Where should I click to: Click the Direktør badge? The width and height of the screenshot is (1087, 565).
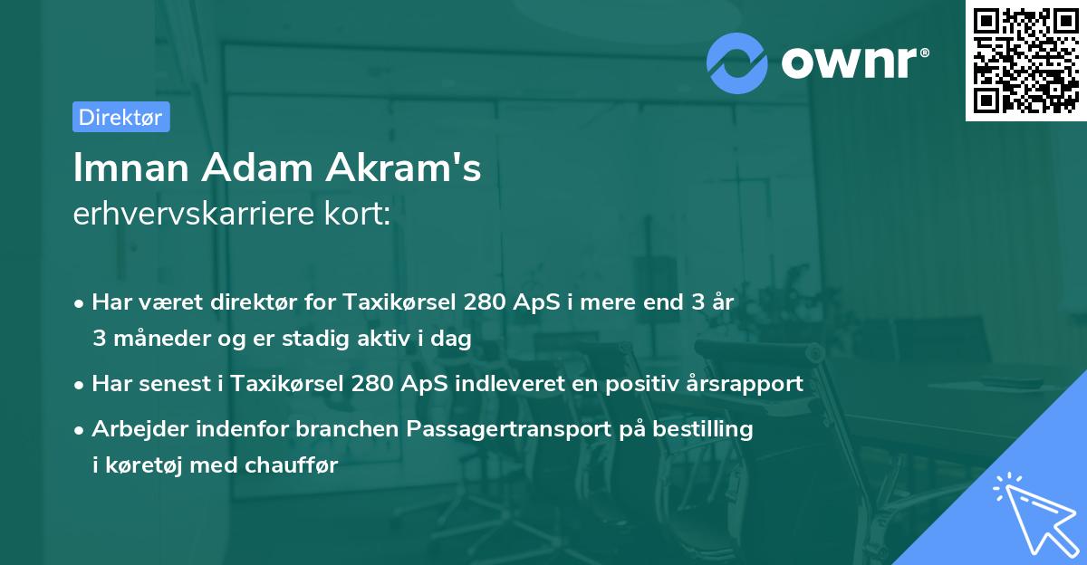click(x=120, y=117)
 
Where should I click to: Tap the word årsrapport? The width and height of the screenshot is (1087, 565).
click(x=738, y=383)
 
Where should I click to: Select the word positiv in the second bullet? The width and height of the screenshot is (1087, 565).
click(x=640, y=383)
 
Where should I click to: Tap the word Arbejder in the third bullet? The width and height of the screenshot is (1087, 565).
click(x=132, y=428)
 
